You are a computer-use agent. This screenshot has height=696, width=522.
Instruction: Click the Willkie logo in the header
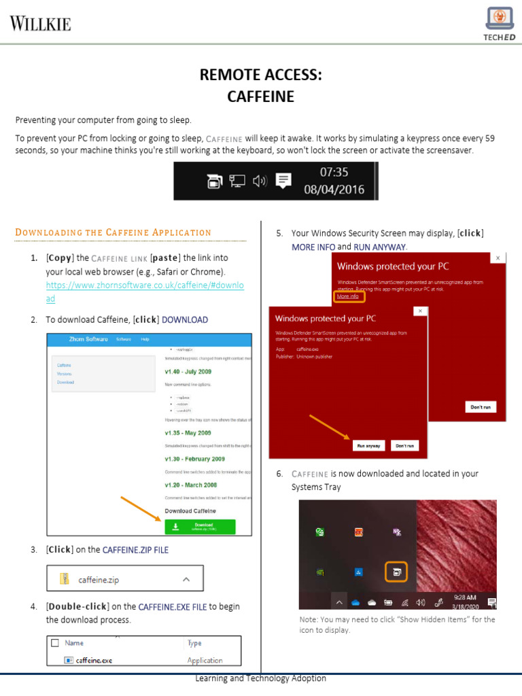tap(40, 24)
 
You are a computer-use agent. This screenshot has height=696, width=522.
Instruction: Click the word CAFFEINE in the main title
tap(260, 97)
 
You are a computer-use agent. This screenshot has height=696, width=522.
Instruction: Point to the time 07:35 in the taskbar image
tap(334, 172)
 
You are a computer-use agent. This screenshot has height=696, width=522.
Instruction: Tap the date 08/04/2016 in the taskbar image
tap(334, 190)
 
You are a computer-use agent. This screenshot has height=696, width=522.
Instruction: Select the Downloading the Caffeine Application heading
tap(113, 232)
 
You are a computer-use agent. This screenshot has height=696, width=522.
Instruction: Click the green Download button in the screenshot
tap(199, 527)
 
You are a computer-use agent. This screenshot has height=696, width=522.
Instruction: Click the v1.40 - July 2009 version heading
tap(188, 372)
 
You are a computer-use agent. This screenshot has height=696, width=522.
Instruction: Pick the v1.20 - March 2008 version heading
tap(191, 485)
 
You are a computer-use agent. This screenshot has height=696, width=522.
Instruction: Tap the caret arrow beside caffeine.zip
tap(186, 580)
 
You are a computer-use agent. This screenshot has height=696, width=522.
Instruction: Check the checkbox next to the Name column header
tap(55, 642)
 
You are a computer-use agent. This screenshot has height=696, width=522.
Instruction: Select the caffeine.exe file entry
tap(94, 660)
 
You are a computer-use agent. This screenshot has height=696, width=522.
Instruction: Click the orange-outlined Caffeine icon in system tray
tap(396, 572)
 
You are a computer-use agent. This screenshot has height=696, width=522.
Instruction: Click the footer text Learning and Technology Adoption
tap(260, 678)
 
